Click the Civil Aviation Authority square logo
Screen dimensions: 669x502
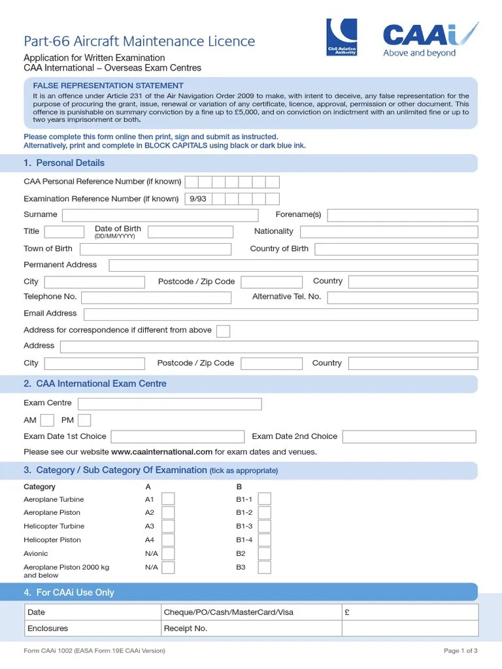point(342,37)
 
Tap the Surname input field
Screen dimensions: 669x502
point(160,215)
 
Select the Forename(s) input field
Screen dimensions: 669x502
point(402,215)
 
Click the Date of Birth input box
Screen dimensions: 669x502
point(190,231)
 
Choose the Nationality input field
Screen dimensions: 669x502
point(389,231)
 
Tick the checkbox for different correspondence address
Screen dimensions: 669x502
point(223,331)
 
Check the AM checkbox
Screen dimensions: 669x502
point(47,420)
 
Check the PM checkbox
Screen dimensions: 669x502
point(84,420)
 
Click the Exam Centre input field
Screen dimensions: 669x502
point(170,404)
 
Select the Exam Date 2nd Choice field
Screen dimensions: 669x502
point(409,436)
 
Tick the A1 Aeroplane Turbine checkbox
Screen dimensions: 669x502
point(168,499)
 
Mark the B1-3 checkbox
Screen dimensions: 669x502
point(264,526)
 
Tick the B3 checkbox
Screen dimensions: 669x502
point(264,567)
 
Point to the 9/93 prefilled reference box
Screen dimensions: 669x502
point(197,199)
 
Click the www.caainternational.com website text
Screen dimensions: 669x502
point(161,452)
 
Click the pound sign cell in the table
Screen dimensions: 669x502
point(410,612)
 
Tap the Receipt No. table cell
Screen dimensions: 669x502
point(252,628)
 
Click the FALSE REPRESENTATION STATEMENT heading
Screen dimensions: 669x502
point(109,86)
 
